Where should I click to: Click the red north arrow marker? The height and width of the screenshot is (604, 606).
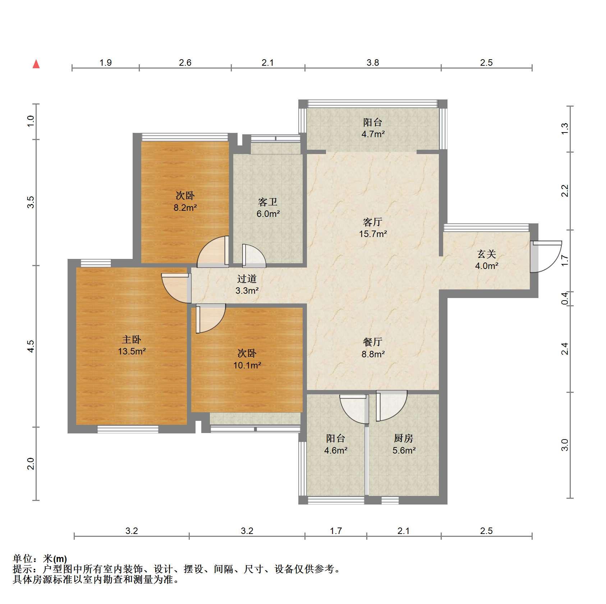[x=36, y=64]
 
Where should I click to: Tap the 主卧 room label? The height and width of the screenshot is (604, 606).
[x=132, y=339]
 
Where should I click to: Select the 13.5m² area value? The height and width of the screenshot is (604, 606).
[x=132, y=351]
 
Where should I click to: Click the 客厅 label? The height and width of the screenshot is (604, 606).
[x=373, y=222]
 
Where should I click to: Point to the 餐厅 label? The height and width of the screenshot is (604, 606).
[x=373, y=342]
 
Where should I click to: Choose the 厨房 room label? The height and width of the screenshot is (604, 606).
[x=404, y=438]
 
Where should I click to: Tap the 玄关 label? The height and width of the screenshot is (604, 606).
[x=487, y=254]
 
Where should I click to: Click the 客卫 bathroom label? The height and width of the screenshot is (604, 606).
[x=268, y=202]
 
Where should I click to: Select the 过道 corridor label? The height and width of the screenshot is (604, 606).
[x=247, y=279]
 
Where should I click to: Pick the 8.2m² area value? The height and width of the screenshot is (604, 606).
[x=185, y=208]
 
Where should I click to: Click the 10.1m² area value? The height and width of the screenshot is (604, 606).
[x=247, y=366]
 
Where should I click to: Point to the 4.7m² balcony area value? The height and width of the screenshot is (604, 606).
[x=373, y=134]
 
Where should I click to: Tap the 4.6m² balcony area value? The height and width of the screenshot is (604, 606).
[x=336, y=450]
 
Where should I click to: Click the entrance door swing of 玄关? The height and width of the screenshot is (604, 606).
[x=546, y=256]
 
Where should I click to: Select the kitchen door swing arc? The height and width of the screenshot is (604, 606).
[x=392, y=406]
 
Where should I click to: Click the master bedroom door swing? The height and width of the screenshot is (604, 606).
[x=175, y=288]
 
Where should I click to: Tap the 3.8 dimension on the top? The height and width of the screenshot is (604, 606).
[x=373, y=63]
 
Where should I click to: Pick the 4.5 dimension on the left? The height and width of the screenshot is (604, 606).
[x=31, y=346]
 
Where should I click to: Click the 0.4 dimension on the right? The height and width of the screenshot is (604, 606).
[x=565, y=299]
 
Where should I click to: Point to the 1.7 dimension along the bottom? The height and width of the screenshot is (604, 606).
[x=336, y=531]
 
